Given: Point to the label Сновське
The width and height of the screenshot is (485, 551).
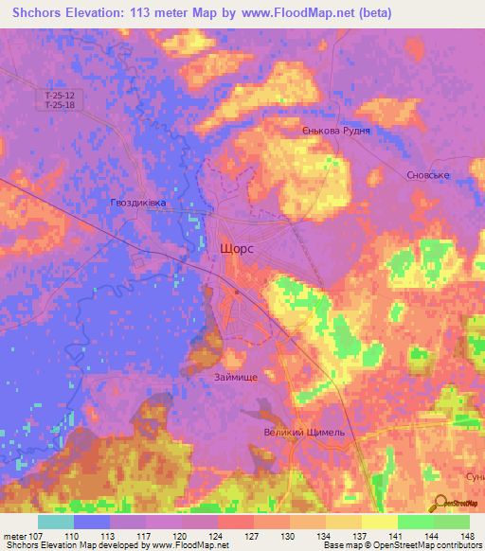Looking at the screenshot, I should (426, 175).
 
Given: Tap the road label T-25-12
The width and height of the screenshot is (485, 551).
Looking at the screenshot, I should (60, 96).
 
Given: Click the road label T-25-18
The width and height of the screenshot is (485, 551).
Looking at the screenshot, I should (60, 106).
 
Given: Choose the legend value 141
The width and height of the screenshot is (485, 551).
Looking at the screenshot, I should (379, 536).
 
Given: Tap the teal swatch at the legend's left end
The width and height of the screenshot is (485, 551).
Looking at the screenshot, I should (56, 522).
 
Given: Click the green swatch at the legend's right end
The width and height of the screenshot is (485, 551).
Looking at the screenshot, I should (452, 522).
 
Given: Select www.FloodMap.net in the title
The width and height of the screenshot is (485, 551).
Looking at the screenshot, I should (296, 13).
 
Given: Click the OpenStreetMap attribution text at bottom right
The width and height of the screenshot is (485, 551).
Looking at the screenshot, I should (428, 545).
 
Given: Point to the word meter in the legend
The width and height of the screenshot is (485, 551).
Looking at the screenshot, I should (14, 536).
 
